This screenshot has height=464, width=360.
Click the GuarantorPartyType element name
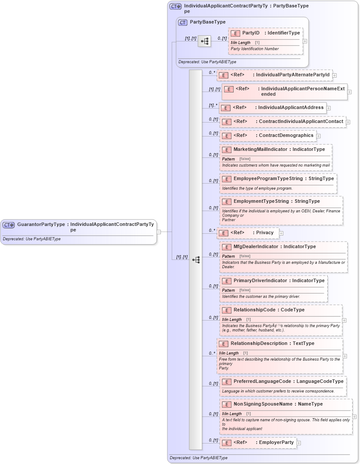[x=41, y=225]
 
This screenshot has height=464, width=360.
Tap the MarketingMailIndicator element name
[x=260, y=150]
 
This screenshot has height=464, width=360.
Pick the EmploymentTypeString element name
[x=261, y=201]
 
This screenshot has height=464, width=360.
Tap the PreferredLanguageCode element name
[x=262, y=382]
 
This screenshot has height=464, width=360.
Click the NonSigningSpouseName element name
[x=263, y=404]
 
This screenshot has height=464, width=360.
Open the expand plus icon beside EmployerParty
[x=299, y=443]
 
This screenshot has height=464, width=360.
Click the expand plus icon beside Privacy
[x=281, y=233]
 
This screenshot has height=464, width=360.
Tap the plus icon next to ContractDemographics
[x=319, y=136]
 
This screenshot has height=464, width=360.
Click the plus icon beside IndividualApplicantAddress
[x=329, y=108]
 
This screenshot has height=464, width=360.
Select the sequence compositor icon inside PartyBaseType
[x=204, y=41]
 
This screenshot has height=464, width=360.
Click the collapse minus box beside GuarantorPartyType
[x=159, y=232]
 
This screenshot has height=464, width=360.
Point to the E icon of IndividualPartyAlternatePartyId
[x=223, y=75]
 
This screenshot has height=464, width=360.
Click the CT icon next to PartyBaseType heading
[x=183, y=22]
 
